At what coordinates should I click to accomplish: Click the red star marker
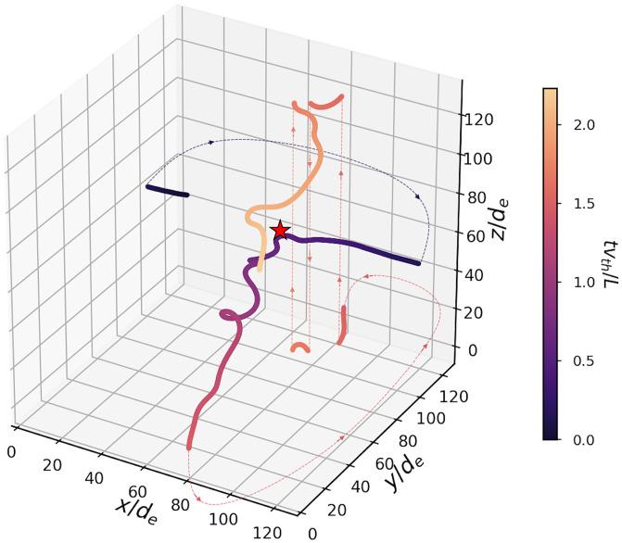[x=280, y=231]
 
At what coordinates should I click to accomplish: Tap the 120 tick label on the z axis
[x=480, y=120]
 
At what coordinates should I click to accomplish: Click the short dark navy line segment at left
[x=167, y=191]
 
